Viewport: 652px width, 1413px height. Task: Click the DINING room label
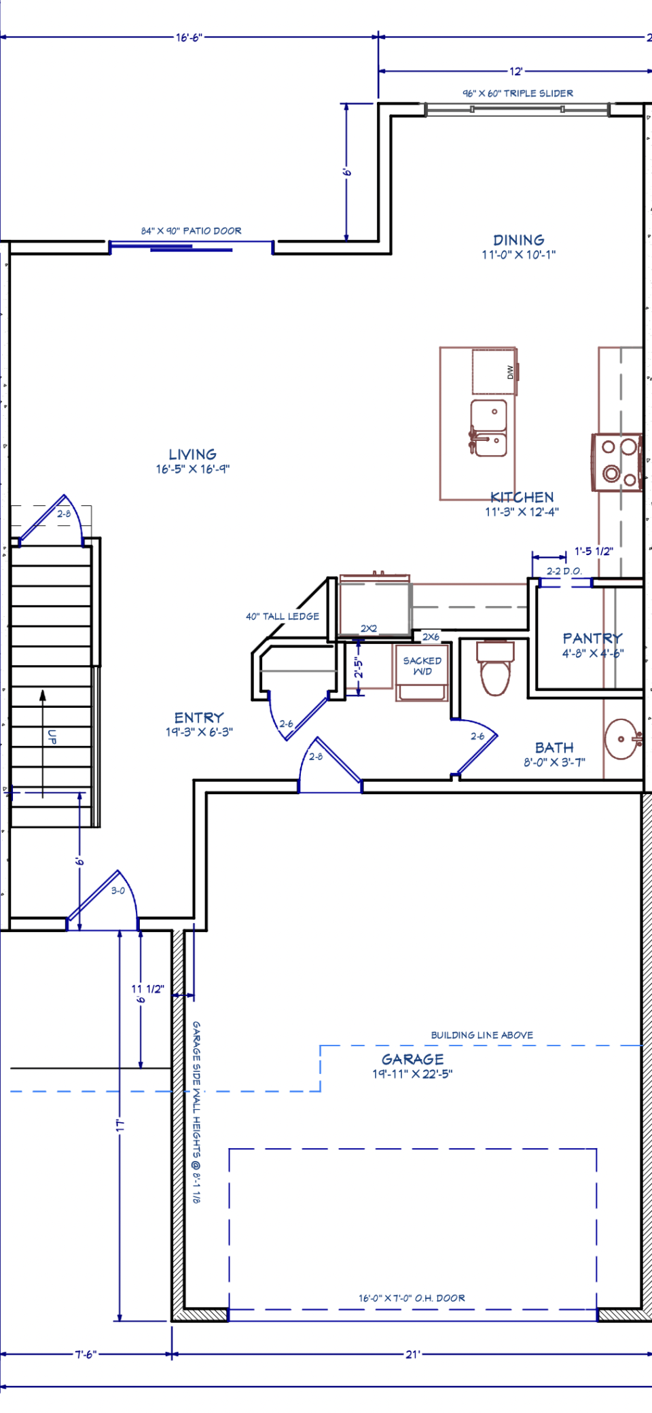point(519,240)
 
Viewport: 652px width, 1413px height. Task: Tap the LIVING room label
point(193,454)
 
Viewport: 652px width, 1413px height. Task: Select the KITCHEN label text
point(522,497)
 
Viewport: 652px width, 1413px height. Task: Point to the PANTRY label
point(592,638)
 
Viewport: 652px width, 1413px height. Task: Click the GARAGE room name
point(413,1059)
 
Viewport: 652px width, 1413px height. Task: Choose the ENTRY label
point(199,717)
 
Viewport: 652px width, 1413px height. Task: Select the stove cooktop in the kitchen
point(617,462)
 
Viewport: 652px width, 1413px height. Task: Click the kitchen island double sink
point(488,428)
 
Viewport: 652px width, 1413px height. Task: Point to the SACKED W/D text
point(422,666)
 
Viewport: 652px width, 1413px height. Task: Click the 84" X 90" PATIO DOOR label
point(192,231)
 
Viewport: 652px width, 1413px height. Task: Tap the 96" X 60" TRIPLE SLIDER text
point(518,93)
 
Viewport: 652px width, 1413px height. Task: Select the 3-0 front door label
point(118,891)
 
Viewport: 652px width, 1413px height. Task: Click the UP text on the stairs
point(52,736)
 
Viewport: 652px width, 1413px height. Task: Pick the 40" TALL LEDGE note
point(283,616)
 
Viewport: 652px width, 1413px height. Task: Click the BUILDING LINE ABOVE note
point(482,1035)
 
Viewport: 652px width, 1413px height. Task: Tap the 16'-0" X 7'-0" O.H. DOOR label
point(412,1298)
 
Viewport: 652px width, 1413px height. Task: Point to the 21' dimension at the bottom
point(413,1355)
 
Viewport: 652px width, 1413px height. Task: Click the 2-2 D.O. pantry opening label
point(564,571)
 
